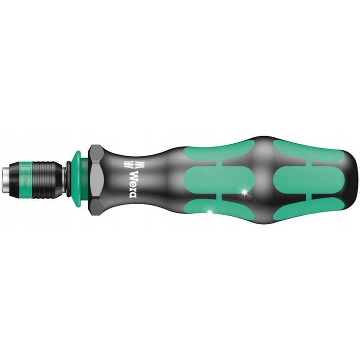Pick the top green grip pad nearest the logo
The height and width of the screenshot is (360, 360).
[215, 148]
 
